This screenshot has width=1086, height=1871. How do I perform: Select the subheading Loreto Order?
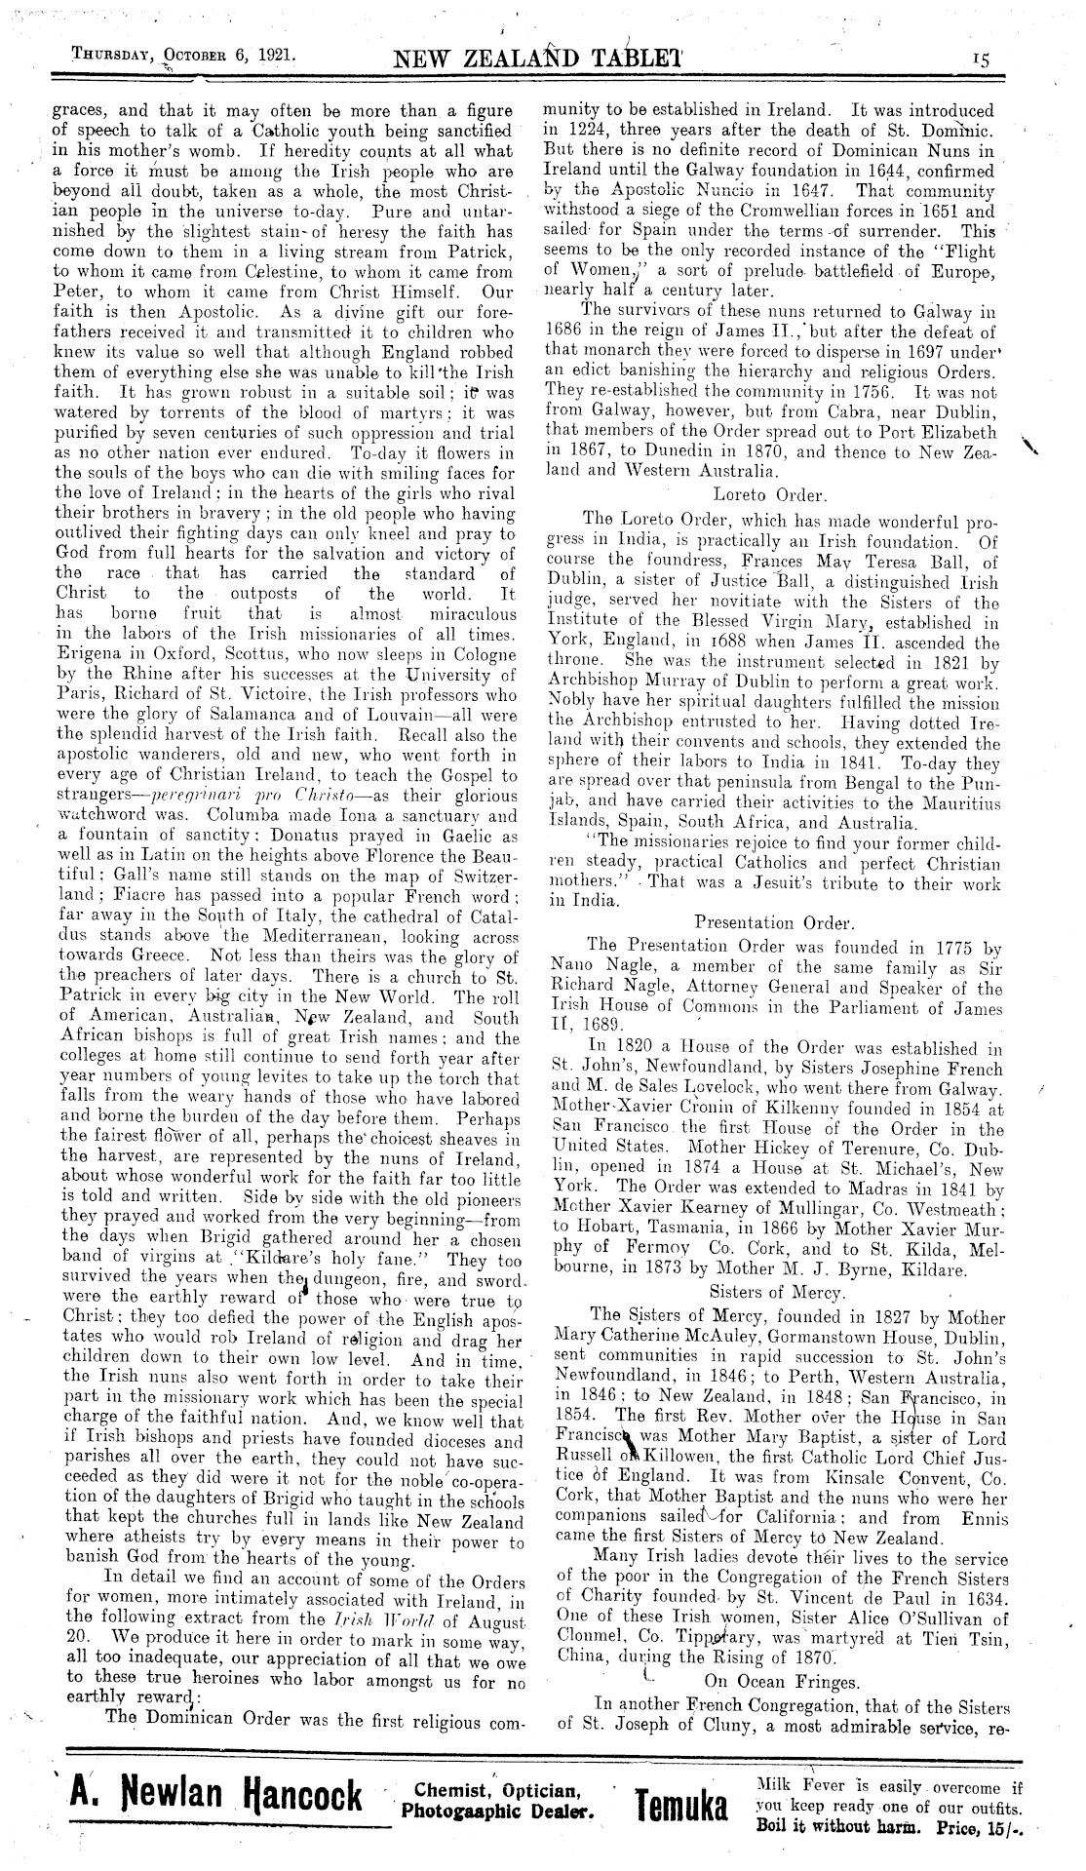point(757,493)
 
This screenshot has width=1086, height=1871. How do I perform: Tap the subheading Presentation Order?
point(774,921)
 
